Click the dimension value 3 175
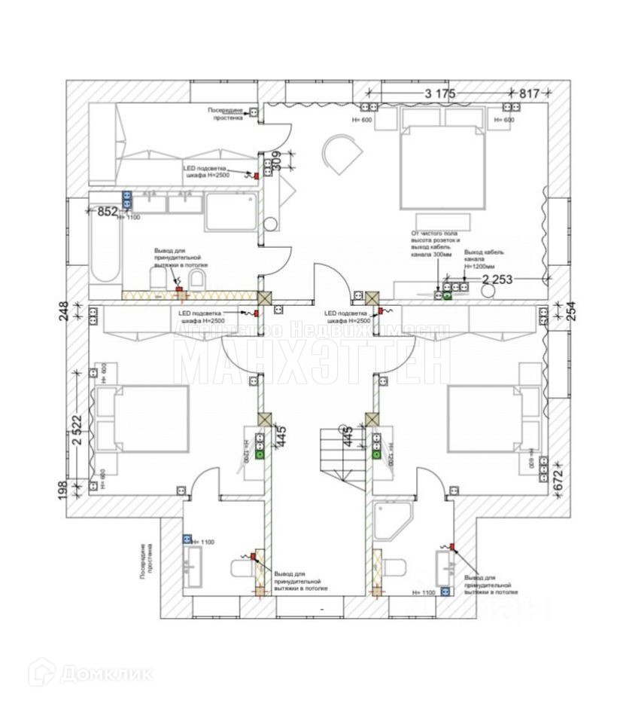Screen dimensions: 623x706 [x=439, y=93]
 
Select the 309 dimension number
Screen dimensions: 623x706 [x=275, y=162]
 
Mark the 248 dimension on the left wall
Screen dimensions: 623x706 [x=64, y=310]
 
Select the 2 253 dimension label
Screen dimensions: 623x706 [x=497, y=280]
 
